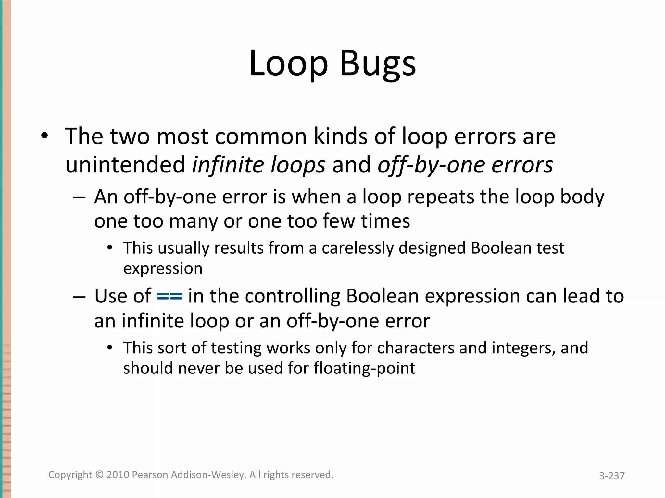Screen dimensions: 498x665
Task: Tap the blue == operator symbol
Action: [169, 296]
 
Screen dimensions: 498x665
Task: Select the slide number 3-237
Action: [612, 476]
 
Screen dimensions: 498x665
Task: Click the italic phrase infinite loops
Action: [258, 165]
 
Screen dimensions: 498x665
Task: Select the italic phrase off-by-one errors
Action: [465, 165]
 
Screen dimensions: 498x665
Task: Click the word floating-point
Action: [364, 368]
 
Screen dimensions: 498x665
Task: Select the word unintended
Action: [125, 165]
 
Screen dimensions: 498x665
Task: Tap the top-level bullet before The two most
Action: [45, 136]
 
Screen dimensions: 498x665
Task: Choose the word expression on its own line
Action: [163, 268]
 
